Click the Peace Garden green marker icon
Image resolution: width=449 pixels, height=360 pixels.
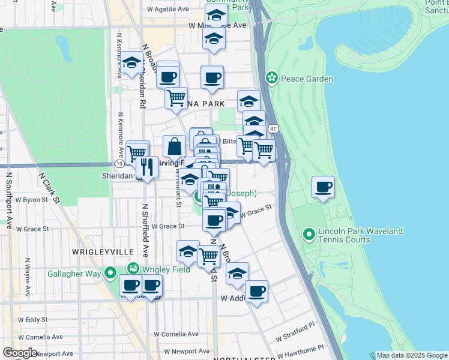[272, 78]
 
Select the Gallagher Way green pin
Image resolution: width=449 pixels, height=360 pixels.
[110, 274]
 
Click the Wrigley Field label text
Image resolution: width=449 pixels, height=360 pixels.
[165, 269]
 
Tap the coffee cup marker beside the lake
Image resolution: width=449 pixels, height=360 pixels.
[324, 187]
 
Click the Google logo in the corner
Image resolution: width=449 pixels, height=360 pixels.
[20, 353]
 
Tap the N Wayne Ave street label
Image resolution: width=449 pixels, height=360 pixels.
[27, 273]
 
